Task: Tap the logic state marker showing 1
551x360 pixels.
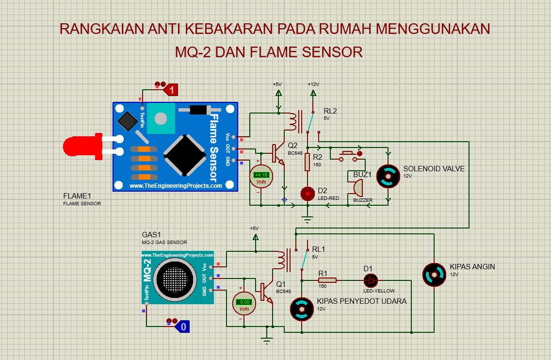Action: tap(171, 90)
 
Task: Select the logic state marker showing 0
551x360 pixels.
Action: tap(183, 327)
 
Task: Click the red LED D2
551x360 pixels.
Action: tap(308, 194)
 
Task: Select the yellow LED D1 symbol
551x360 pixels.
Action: tap(371, 280)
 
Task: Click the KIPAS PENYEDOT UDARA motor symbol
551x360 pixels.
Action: tap(302, 309)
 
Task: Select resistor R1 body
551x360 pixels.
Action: tap(327, 280)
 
